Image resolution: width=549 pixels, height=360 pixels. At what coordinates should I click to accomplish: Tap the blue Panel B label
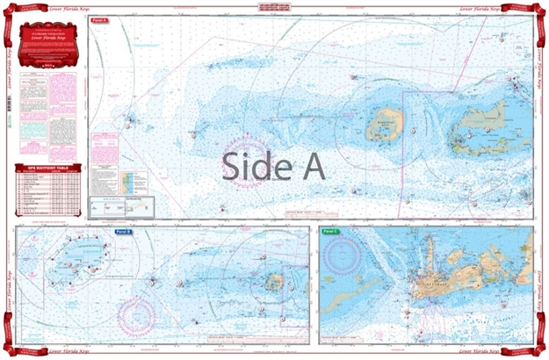(124, 232)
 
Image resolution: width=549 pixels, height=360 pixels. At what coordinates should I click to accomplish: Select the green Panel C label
(330, 232)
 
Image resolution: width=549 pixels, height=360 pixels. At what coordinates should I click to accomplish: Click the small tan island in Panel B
(275, 283)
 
